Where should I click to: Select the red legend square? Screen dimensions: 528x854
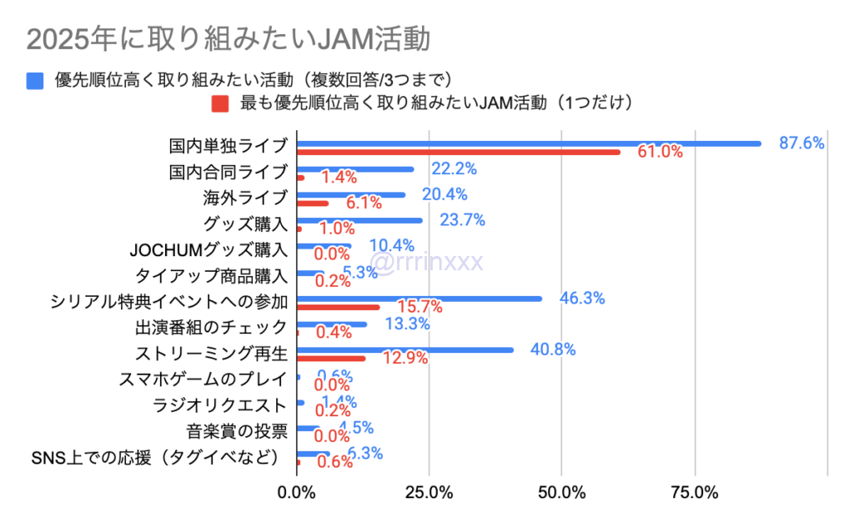pos(219,103)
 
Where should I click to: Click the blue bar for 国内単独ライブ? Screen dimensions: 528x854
pos(529,143)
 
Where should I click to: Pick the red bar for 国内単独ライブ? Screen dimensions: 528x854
pos(459,152)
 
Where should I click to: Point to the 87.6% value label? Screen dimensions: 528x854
pos(801,143)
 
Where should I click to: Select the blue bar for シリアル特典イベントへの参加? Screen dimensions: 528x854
pos(419,299)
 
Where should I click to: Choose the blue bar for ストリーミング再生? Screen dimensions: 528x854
pos(404,350)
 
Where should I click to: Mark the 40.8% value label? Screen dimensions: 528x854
pos(553,349)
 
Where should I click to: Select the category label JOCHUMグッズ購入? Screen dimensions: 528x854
pos(209,249)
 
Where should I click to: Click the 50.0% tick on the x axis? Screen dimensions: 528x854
pos(561,492)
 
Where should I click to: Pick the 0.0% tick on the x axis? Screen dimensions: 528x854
pos(297,492)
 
